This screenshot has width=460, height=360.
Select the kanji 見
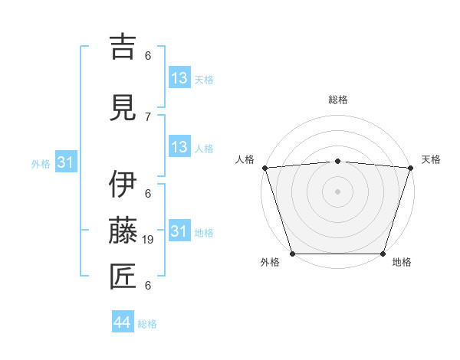(x=123, y=106)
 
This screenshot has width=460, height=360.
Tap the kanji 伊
(x=123, y=185)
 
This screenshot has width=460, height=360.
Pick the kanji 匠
(x=123, y=275)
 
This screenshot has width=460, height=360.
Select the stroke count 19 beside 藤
(x=149, y=240)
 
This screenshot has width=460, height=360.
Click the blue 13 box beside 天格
(x=179, y=78)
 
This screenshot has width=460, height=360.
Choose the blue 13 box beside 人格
(x=179, y=148)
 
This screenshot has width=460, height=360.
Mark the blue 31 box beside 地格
(x=179, y=231)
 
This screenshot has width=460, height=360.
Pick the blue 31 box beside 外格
(x=65, y=162)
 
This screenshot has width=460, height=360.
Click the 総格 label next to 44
(x=147, y=324)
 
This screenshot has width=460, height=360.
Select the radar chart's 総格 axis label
(x=337, y=100)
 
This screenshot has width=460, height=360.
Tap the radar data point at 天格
(x=410, y=168)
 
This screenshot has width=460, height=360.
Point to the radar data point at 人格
(x=264, y=168)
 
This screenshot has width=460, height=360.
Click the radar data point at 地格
(x=383, y=254)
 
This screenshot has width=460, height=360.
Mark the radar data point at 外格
(x=292, y=254)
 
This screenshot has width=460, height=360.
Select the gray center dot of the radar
(x=337, y=191)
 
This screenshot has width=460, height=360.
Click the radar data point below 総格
(x=337, y=161)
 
